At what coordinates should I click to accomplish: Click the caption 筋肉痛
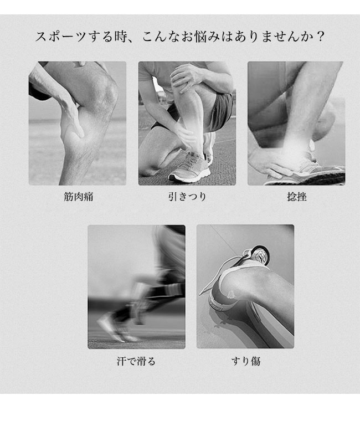[79, 197]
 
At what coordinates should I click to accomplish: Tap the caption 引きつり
[187, 197]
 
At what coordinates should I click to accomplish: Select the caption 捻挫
[297, 197]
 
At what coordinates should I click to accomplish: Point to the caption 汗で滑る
[136, 361]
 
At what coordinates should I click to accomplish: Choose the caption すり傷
[246, 361]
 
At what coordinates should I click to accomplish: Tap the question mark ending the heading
[320, 37]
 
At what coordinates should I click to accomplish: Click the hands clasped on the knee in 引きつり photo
[185, 76]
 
